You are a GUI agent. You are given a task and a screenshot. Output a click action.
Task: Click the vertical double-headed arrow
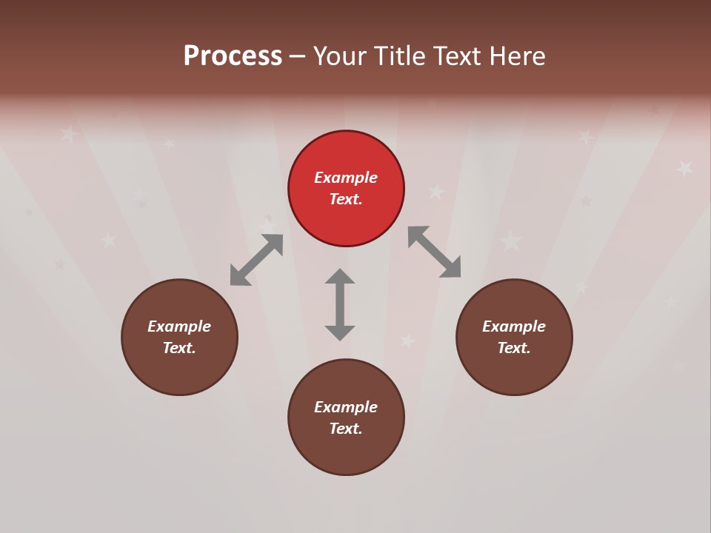coord(340,304)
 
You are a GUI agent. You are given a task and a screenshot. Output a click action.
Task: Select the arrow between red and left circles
coord(256,260)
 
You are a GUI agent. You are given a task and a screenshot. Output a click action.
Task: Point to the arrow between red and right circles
coord(435,252)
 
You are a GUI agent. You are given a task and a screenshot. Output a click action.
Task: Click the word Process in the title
coord(233,56)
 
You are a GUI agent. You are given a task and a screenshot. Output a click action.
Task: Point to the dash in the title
coord(297,56)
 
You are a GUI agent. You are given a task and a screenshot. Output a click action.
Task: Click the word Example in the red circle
coord(346,178)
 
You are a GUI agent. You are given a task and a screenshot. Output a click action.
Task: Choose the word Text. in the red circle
coord(346,199)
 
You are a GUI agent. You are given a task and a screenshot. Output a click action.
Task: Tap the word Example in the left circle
coord(179,326)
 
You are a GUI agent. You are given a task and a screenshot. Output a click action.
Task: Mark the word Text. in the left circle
coord(179,348)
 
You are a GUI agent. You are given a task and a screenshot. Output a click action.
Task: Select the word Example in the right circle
coord(514,326)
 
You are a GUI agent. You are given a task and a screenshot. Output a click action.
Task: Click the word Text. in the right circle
coord(514,348)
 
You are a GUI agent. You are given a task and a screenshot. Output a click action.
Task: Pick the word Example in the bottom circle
coord(346,407)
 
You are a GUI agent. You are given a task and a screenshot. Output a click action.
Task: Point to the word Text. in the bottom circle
coord(346,429)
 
